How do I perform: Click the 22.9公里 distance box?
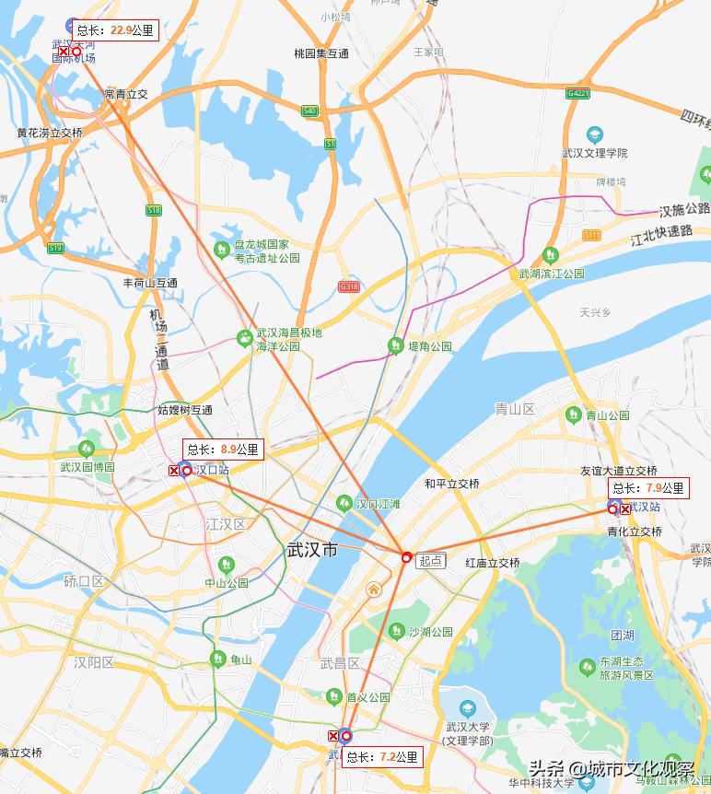point(115,30)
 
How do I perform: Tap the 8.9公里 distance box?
point(223,450)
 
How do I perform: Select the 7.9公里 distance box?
point(648,488)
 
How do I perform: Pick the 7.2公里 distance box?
point(382,757)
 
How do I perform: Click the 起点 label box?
point(430,560)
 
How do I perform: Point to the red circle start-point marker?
point(406,556)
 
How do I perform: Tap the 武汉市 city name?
point(312,550)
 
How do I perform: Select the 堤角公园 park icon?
point(395,346)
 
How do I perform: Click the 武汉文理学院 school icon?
point(594,135)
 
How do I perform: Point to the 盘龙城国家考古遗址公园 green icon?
point(221,249)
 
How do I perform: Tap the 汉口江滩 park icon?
point(344,503)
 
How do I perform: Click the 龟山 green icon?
point(218,660)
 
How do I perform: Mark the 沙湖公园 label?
point(430,632)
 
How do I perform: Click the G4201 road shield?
point(578,94)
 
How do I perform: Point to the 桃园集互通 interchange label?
point(321,53)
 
